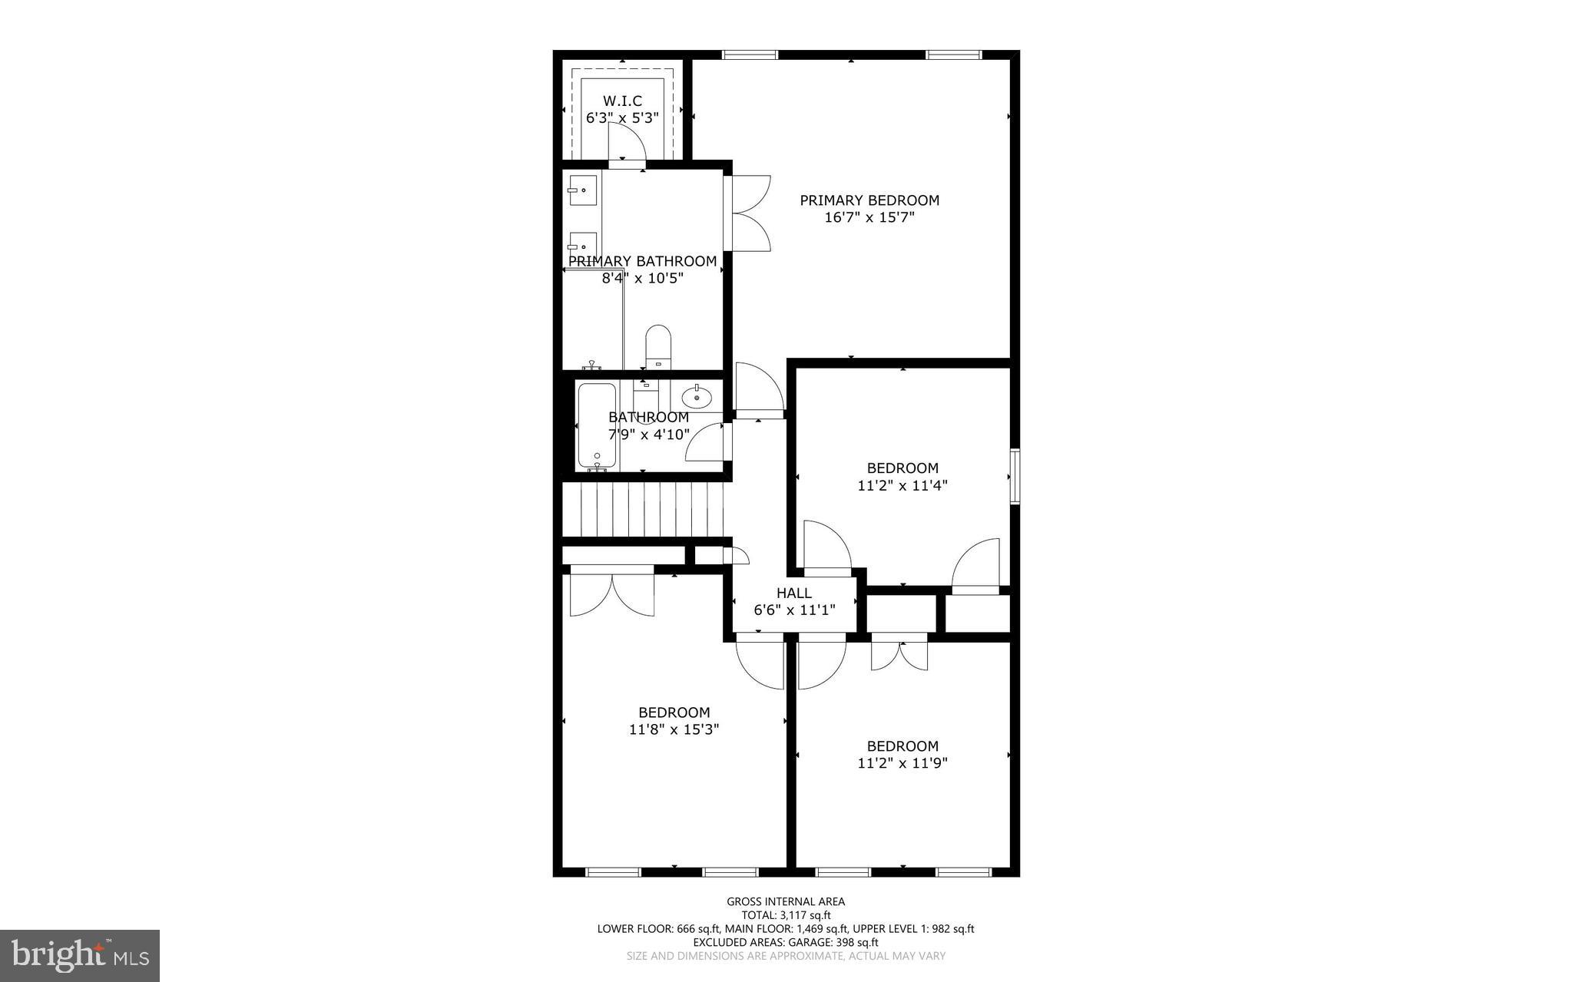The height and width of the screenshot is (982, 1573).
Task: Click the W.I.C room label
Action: (622, 101)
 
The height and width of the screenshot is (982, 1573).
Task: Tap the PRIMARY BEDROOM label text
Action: (869, 200)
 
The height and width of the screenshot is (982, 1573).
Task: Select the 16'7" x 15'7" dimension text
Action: (869, 217)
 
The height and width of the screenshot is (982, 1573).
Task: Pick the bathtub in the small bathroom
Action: (597, 426)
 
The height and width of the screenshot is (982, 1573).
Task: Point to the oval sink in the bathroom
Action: (697, 398)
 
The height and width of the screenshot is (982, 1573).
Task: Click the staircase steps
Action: (644, 509)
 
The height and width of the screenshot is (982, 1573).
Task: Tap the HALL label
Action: (793, 593)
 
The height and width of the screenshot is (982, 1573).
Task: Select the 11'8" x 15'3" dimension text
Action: (674, 729)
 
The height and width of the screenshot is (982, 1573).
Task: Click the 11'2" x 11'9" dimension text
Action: (902, 763)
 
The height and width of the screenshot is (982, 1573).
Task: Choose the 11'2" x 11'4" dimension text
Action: (902, 485)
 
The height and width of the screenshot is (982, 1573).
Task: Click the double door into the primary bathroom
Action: (749, 213)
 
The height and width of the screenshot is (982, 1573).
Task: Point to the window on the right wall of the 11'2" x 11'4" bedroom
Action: (1015, 477)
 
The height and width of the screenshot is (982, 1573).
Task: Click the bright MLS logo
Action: (80, 955)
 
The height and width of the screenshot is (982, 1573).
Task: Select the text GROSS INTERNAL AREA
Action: (786, 901)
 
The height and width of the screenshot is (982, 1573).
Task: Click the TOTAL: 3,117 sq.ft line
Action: (786, 915)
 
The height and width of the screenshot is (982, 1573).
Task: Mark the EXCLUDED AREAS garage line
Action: (786, 942)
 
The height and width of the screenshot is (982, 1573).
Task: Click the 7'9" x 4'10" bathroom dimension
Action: (649, 435)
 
